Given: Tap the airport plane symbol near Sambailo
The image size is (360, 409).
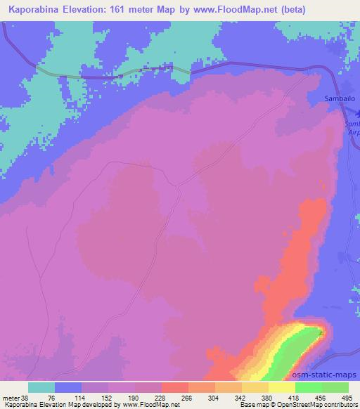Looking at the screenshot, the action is (354, 112).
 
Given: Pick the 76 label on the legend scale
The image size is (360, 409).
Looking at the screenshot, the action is (56, 398).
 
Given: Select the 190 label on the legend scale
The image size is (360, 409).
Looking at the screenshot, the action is (136, 398).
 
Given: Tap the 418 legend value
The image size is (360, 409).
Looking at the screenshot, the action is (296, 398).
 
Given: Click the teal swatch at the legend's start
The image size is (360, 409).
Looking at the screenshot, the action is (41, 387).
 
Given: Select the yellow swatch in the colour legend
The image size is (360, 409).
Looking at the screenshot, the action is (282, 387).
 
